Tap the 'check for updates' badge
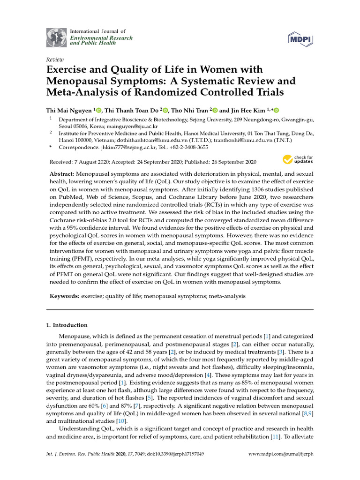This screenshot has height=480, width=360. (297, 160)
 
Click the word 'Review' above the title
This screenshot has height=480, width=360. (54, 60)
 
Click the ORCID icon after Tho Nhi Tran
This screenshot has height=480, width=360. (215, 111)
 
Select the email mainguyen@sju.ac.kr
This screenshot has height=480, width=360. (132, 127)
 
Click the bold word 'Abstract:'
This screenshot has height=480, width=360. (62, 173)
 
